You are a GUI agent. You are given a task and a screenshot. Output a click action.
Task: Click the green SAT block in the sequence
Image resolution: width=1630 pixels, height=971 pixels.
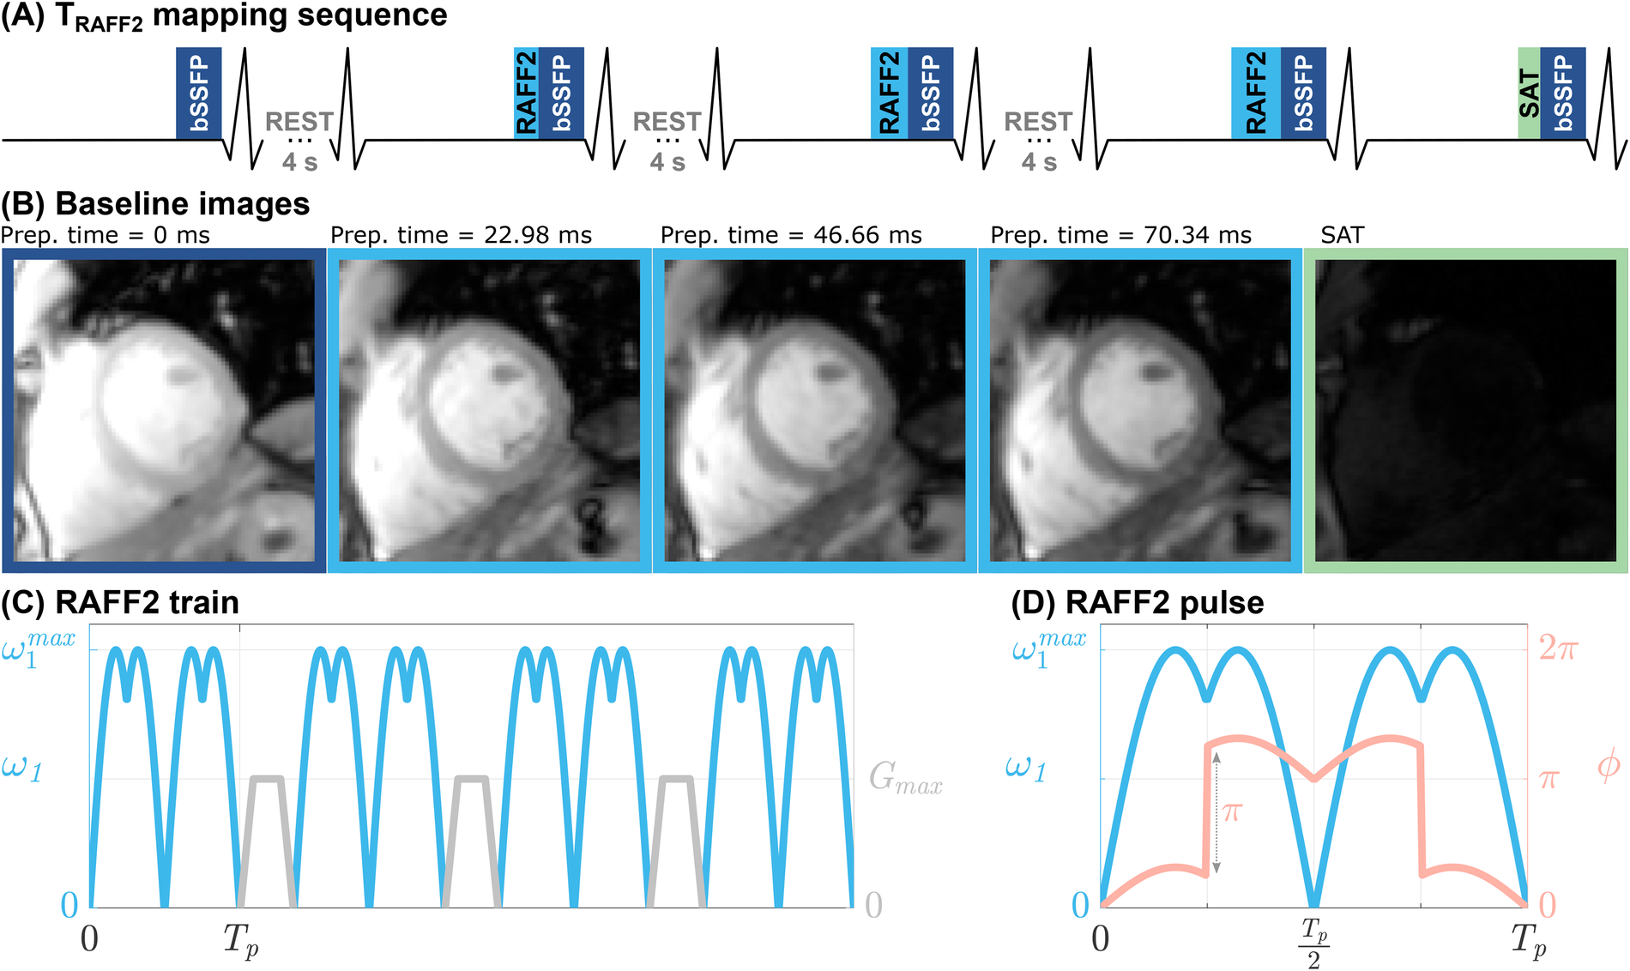pos(1529,93)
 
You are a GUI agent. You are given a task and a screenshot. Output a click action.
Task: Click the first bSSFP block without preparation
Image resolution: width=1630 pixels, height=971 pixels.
pos(199,93)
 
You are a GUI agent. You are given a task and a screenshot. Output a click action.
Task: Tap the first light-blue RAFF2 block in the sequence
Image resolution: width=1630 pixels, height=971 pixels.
pos(526,93)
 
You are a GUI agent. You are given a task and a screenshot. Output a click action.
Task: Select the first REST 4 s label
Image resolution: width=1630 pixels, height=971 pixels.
pos(299,140)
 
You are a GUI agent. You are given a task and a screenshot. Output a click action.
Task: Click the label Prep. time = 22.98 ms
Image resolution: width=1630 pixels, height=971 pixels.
pos(461,235)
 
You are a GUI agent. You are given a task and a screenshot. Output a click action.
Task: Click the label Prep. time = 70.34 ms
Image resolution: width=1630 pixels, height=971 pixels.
pos(1120,235)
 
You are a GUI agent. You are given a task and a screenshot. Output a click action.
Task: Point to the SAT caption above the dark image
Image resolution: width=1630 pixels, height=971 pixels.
pos(1342,235)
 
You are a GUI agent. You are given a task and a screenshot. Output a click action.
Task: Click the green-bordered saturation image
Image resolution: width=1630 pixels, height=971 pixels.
pos(1465,410)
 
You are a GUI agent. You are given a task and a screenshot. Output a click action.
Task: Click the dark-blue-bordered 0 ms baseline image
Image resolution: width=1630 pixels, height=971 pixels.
pos(163,410)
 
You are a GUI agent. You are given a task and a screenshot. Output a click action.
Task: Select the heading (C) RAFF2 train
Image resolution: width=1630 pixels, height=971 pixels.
pos(120,602)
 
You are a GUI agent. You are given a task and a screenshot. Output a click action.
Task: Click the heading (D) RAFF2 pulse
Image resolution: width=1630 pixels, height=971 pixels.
pos(1137,602)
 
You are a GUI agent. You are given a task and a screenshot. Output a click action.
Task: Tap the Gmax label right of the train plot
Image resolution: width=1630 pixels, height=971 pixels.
pos(905,777)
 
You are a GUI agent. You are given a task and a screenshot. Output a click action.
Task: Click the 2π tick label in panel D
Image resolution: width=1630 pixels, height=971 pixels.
pos(1557,647)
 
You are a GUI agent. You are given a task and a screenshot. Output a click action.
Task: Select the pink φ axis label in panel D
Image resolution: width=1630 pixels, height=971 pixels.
pos(1609,764)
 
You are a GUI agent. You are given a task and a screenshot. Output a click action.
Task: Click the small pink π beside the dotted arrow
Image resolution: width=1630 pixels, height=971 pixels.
pos(1232,811)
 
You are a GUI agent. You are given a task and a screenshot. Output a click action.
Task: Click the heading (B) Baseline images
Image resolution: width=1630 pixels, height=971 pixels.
pos(155,204)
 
